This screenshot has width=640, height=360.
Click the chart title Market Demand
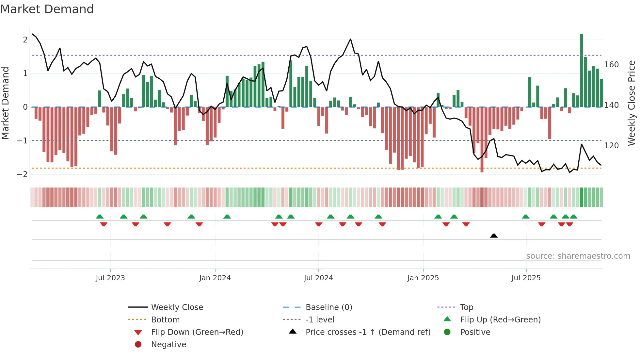[x=47, y=9]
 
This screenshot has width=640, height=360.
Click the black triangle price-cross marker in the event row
[x=494, y=236]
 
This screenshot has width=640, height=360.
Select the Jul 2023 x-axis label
[x=110, y=278]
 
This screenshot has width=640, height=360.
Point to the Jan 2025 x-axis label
[x=423, y=278]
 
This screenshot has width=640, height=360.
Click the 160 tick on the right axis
[x=611, y=65]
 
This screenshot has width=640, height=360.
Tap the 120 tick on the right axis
[x=611, y=146]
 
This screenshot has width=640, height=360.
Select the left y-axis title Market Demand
[x=5, y=103]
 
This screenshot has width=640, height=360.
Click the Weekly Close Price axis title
[x=632, y=103]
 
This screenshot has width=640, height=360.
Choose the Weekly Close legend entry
[x=177, y=307]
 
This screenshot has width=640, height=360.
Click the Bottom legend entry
[x=165, y=320]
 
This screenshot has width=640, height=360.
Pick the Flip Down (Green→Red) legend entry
[x=197, y=332]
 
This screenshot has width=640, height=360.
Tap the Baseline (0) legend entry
[x=328, y=307]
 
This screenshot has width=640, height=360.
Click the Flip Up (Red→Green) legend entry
[x=500, y=320]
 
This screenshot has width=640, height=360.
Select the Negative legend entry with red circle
[x=168, y=345]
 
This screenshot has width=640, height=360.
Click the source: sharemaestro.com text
[x=578, y=256]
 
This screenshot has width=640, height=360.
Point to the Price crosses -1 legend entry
[x=368, y=332]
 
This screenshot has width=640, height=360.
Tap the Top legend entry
[x=466, y=307]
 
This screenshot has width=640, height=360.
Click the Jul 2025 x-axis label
[x=526, y=278]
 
